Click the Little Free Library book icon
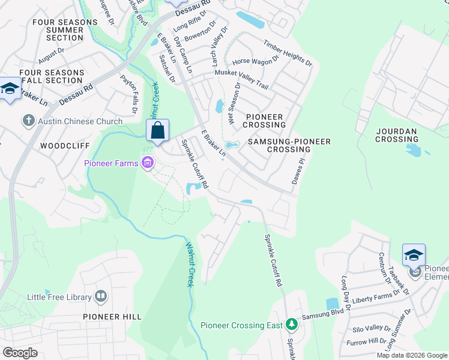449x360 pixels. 101,296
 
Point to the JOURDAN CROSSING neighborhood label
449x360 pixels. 397,135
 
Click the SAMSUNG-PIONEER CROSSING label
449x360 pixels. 298,145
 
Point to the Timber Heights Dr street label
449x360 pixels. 288,53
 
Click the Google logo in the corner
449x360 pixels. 20,353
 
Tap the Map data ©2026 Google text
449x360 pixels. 412,355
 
